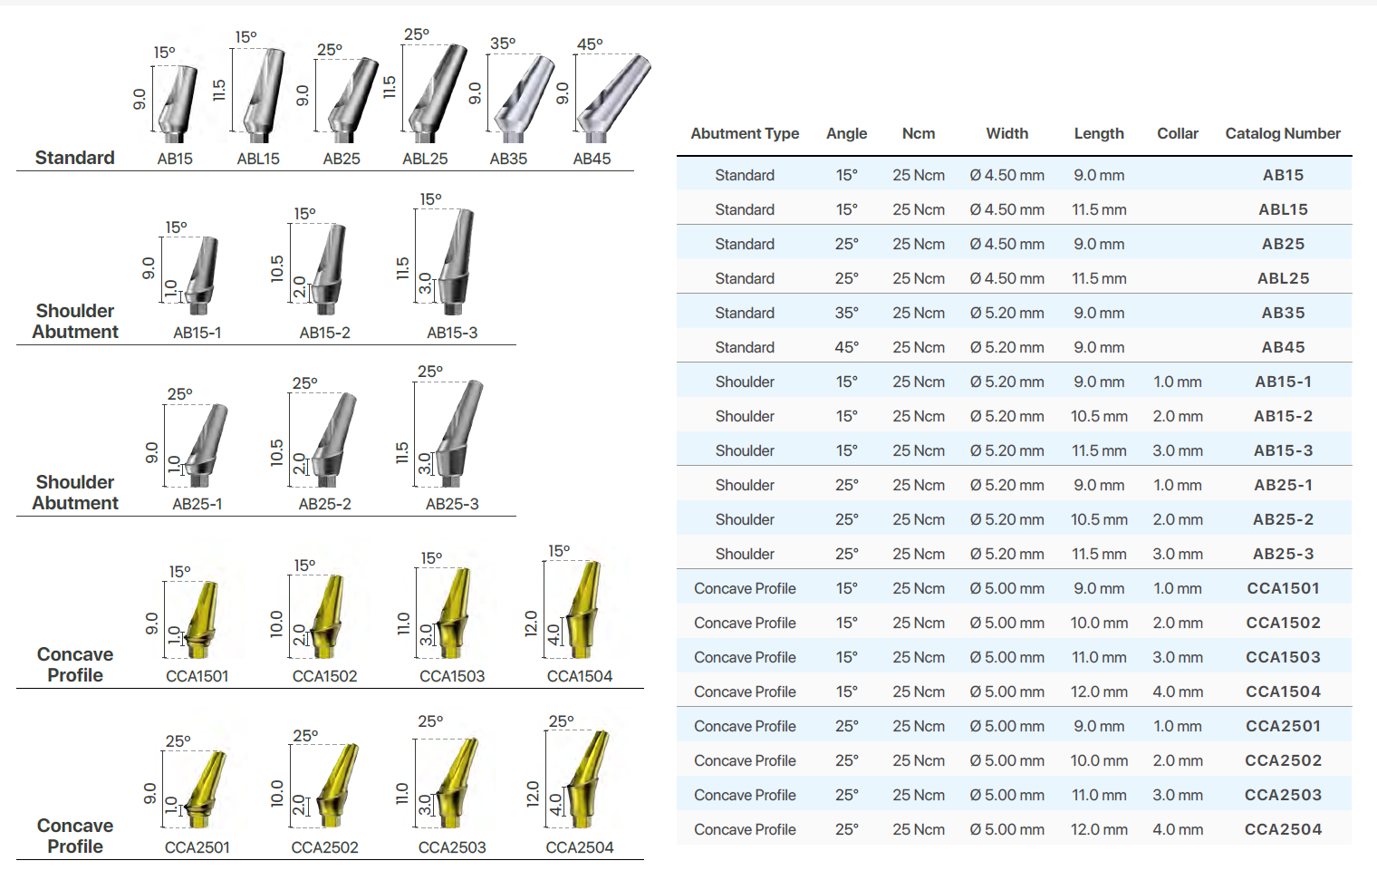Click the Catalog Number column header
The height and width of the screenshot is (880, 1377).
1282,134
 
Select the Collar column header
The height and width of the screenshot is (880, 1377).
1177,134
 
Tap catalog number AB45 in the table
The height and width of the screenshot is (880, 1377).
1283,347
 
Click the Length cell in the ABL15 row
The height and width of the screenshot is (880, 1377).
1099,209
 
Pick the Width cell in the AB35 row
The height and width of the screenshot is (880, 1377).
1006,313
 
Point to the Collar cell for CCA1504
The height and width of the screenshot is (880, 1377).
1178,691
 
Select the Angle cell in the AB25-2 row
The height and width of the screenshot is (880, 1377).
846,519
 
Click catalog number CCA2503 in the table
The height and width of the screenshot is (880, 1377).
1283,795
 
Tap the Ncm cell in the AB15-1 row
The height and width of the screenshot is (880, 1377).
918,382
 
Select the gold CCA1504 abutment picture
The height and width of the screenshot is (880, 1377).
582,607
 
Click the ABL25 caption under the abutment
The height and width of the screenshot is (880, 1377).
425,159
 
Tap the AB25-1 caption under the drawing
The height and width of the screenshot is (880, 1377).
197,504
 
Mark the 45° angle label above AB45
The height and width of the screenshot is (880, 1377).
590,44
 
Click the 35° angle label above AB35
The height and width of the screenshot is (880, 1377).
503,44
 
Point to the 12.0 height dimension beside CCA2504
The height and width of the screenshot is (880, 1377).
533,794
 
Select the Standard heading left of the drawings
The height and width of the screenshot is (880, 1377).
75,158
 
